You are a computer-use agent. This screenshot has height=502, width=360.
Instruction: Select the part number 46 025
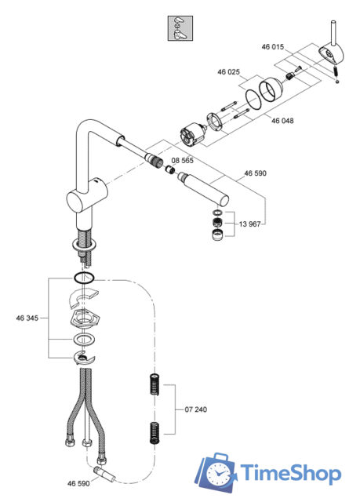coord(227,71)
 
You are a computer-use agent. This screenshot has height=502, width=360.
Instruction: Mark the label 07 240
coord(198,409)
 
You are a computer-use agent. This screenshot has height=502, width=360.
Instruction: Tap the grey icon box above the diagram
coord(179,28)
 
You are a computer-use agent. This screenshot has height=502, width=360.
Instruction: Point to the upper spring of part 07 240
coord(155,385)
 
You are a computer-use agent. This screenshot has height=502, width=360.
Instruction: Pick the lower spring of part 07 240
coord(155,431)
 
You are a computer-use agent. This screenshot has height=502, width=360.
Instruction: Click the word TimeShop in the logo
coord(290,473)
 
